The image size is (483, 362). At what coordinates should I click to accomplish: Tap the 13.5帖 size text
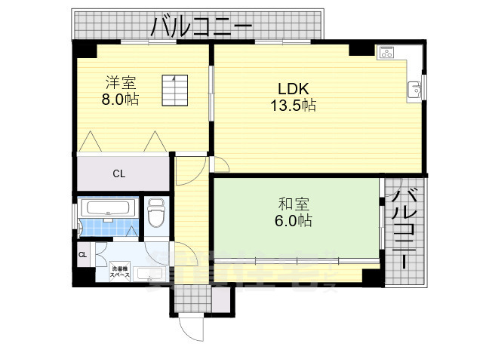[x=294, y=106]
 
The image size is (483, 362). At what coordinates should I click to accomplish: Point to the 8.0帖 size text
[x=121, y=99]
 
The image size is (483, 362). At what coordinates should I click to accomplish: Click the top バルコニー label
[x=201, y=28]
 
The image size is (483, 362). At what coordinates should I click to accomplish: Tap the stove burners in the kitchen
[x=388, y=53]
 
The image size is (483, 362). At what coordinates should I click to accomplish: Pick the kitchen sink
[x=414, y=90]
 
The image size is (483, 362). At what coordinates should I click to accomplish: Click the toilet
[x=157, y=214]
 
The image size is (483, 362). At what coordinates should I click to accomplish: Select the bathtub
[x=107, y=209]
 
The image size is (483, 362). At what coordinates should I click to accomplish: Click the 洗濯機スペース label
[x=121, y=271]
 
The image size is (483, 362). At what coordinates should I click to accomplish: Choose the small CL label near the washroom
[x=82, y=255]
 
